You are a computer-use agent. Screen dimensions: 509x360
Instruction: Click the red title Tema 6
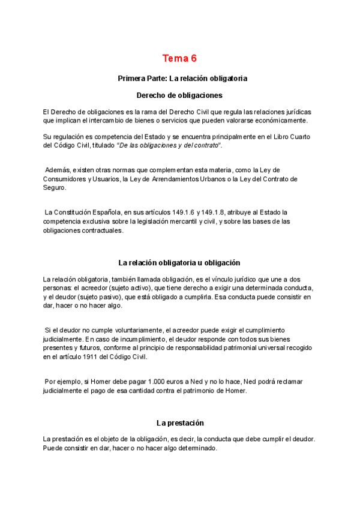[179, 58]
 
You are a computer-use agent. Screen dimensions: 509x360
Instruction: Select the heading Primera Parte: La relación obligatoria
[182, 79]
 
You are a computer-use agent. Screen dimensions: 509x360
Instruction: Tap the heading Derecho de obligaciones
[179, 95]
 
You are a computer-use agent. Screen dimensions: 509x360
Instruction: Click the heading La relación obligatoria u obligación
[179, 262]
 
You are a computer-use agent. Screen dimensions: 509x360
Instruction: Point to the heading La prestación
[180, 423]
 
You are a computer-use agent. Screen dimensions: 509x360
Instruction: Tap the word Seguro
[54, 187]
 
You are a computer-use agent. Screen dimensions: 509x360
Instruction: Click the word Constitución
[77, 212]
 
